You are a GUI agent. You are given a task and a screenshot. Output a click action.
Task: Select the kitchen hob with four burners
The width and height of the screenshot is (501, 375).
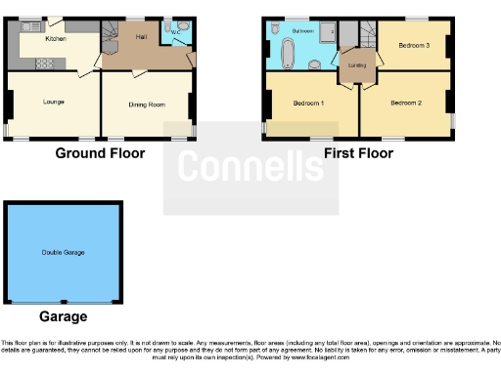44,64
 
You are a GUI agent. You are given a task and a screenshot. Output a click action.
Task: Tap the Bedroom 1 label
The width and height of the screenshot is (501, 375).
309,103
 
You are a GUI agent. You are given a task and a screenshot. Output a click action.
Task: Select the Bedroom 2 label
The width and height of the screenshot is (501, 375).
405,103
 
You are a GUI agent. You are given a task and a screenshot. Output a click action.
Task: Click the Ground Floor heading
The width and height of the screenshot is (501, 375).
100,153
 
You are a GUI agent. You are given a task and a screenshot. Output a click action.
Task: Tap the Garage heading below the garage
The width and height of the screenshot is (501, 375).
63,316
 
